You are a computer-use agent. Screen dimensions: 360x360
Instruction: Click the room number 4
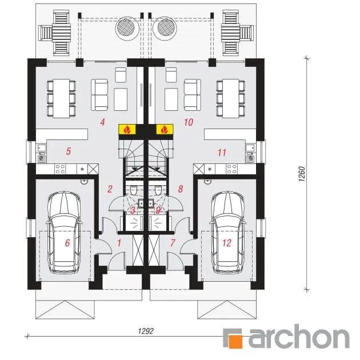(102, 122)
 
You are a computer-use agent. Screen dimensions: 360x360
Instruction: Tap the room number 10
(188, 122)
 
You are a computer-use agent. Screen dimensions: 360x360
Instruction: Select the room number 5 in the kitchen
(68, 151)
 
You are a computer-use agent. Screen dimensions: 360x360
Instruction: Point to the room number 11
(222, 152)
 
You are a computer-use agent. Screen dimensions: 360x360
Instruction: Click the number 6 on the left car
(67, 243)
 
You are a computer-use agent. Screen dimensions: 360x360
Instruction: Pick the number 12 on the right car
(227, 243)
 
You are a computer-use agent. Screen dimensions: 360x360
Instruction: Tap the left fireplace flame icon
(127, 129)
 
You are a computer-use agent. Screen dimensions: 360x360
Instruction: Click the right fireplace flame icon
(165, 129)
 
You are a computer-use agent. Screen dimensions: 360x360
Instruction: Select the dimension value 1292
(146, 331)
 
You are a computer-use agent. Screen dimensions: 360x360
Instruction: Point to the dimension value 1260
(302, 174)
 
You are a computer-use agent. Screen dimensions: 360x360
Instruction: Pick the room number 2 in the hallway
(110, 189)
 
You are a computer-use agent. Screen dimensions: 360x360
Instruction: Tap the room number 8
(181, 189)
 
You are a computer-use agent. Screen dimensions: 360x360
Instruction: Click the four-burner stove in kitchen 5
(60, 169)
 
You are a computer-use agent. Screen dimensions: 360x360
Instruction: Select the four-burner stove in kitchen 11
(231, 169)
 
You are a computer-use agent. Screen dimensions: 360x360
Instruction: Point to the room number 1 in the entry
(119, 243)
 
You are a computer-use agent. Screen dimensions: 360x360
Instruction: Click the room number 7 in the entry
(173, 243)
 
